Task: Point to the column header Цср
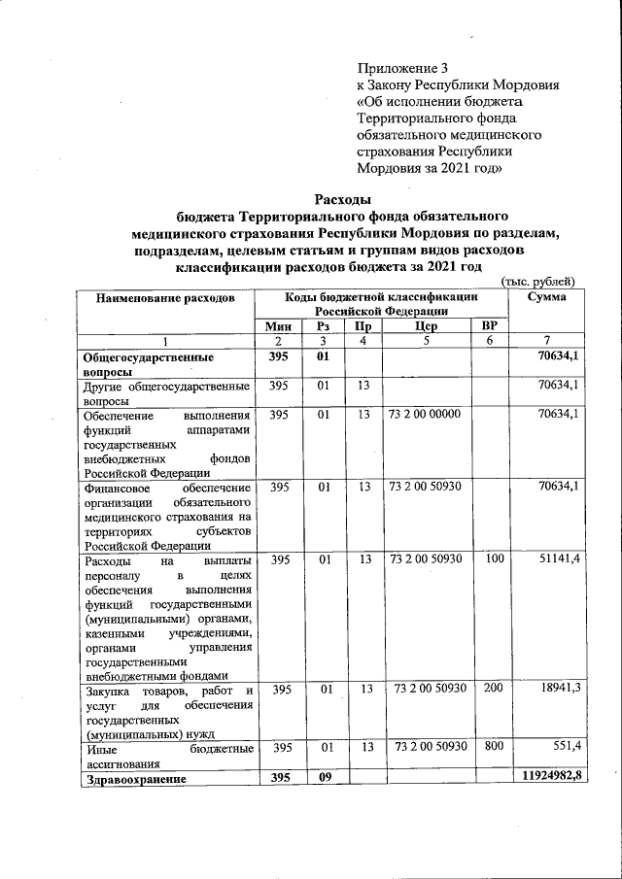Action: click(425, 327)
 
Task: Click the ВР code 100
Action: click(494, 560)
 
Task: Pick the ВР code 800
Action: click(494, 749)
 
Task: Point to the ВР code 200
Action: click(494, 688)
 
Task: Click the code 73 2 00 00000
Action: click(425, 415)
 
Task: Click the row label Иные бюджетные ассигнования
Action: click(169, 757)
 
